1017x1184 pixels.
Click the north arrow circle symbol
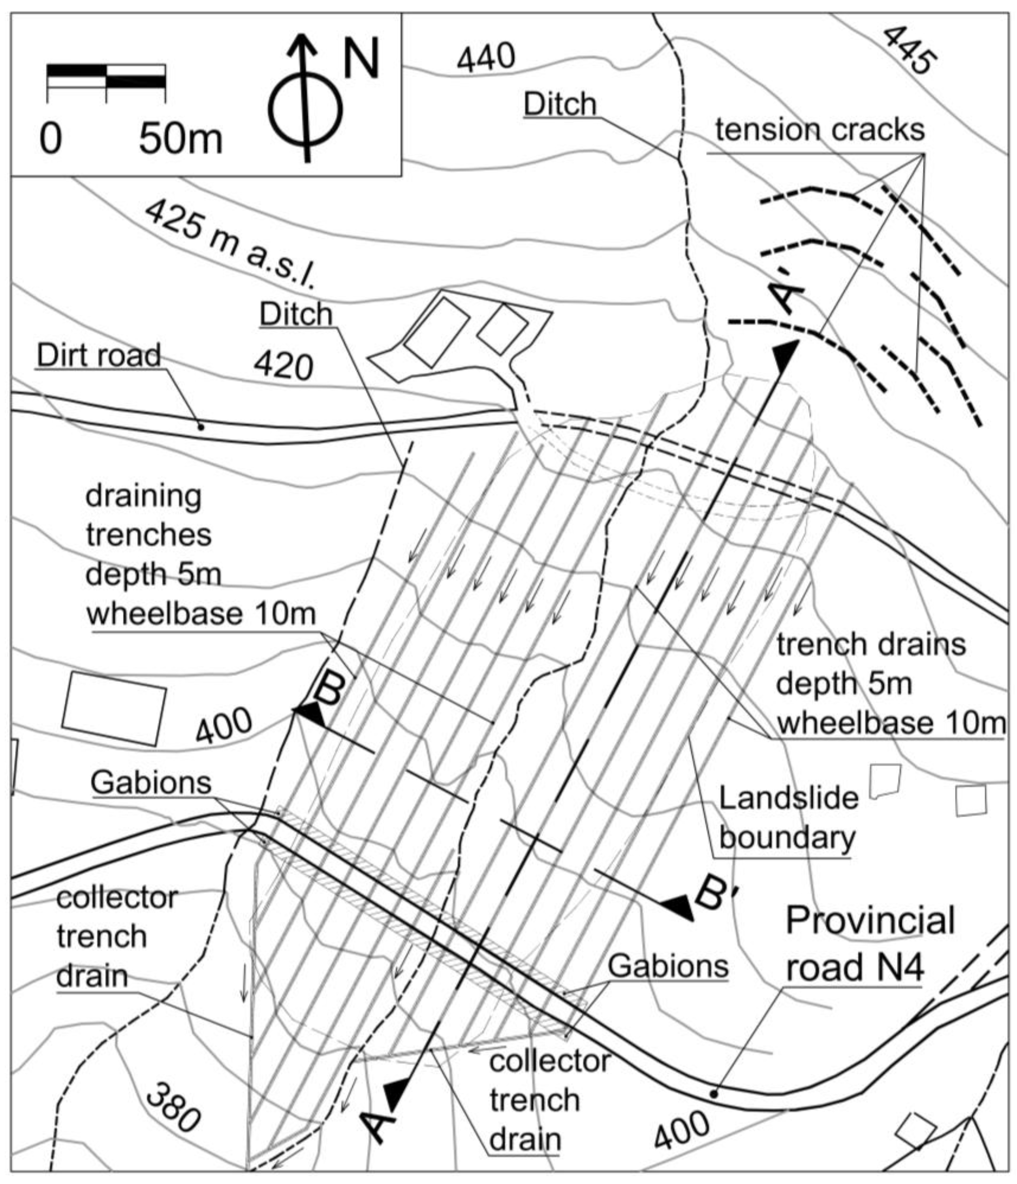pos(306,110)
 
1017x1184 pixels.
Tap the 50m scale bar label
pos(180,139)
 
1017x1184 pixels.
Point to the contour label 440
pos(486,58)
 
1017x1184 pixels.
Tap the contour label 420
pos(284,366)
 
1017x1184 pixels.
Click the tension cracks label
pos(820,130)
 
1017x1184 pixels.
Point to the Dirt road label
pos(99,355)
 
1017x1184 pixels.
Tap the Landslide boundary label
pos(788,817)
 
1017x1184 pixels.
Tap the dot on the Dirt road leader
pos(201,426)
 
